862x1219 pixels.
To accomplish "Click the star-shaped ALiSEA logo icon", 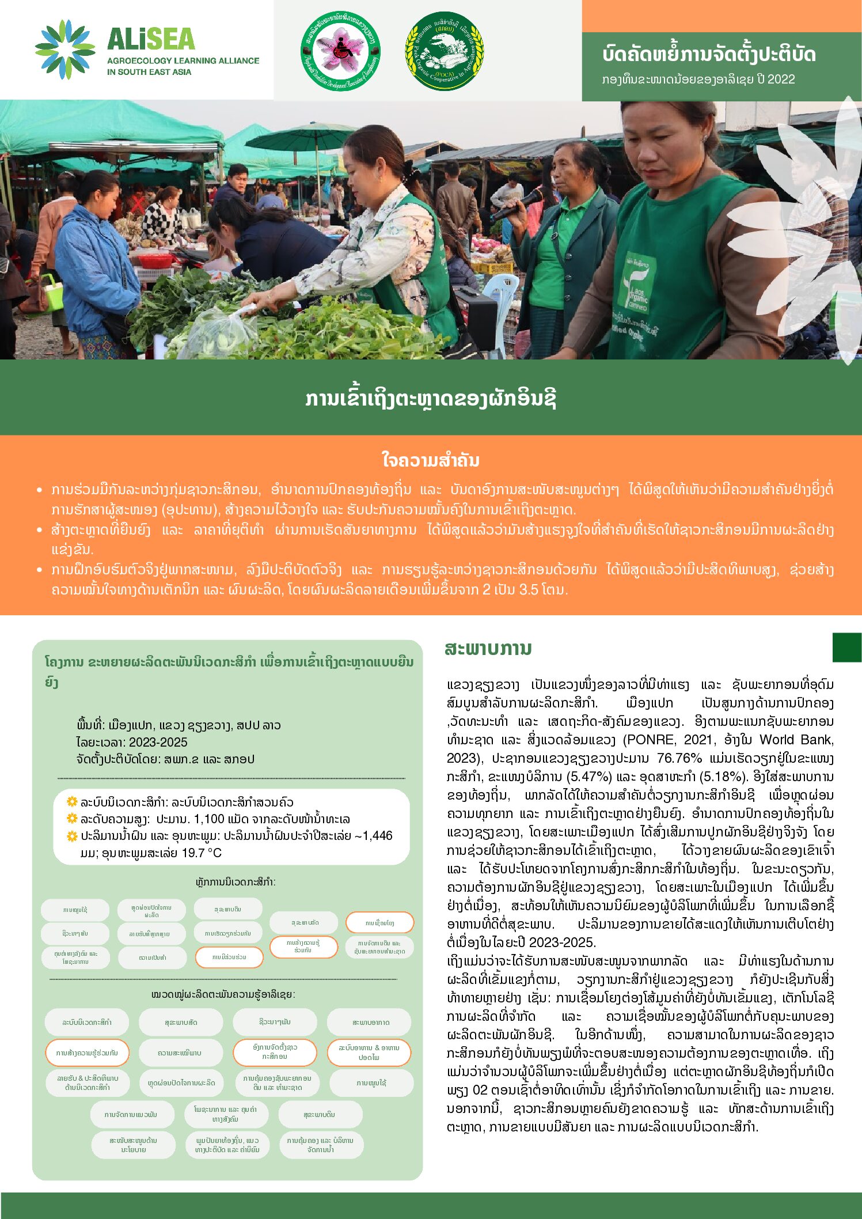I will (x=65, y=49).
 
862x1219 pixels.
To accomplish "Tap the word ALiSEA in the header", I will (x=151, y=39).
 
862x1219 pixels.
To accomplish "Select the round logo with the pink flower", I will (x=340, y=51).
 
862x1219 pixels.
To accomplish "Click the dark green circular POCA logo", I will (x=445, y=51).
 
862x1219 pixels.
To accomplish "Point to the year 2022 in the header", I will (x=780, y=79).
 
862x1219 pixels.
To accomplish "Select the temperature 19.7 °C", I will (x=201, y=853).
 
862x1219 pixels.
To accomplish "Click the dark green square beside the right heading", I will (x=846, y=647).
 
